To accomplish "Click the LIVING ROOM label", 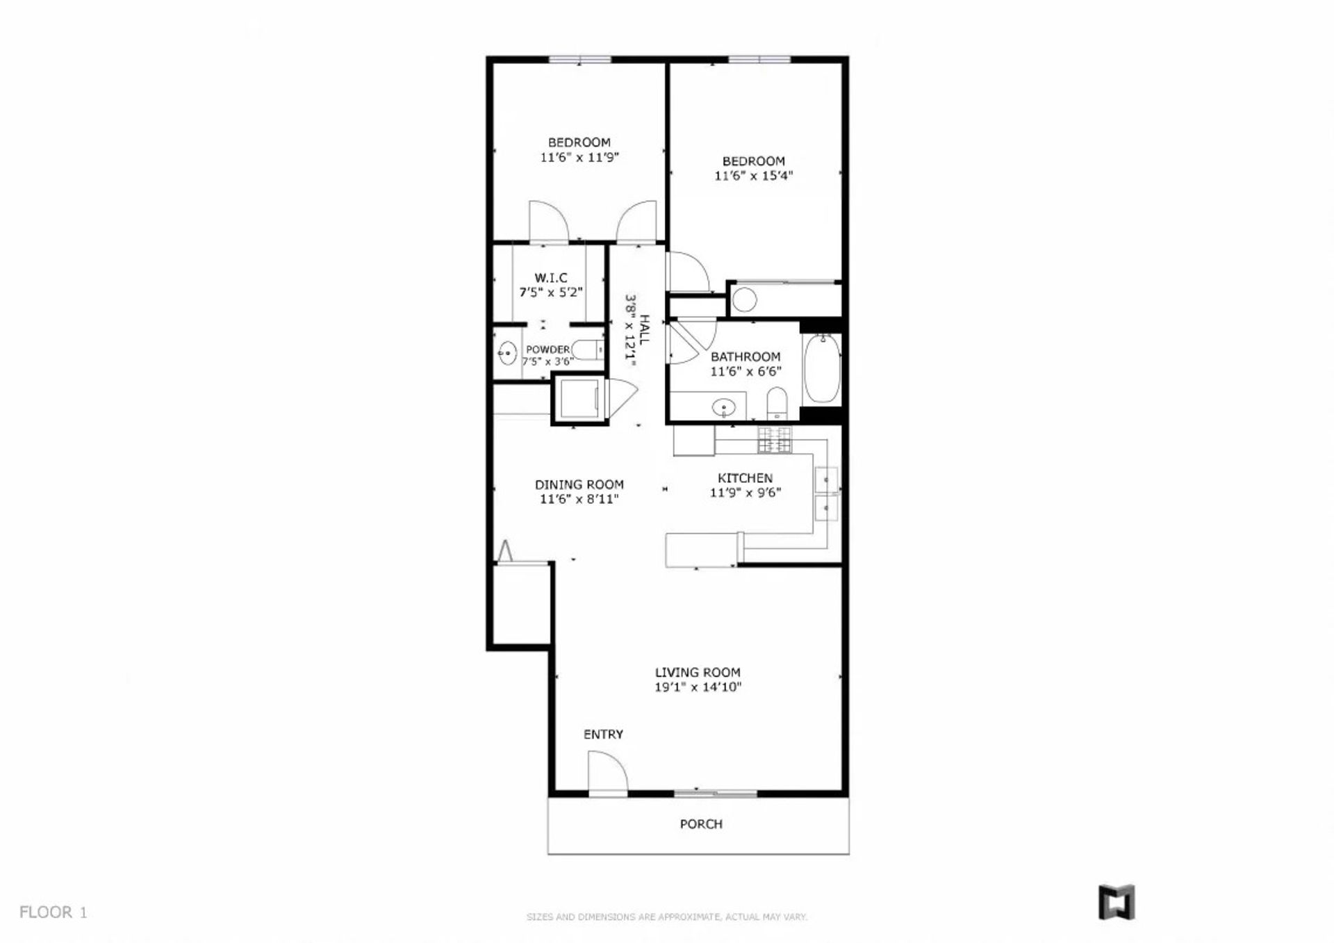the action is [698, 673].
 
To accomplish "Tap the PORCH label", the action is [701, 824].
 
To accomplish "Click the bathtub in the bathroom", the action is [822, 368].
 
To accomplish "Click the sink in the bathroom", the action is [724, 407].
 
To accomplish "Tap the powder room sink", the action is [507, 354].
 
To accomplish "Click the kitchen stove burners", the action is [774, 441].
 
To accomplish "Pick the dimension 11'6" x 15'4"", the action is [754, 176].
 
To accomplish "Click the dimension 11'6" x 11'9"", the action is [579, 158].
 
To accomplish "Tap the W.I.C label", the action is [551, 278].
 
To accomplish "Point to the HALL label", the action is [644, 330].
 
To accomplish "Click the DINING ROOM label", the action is [579, 485].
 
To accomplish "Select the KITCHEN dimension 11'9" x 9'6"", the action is [746, 493].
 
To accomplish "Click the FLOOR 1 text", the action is [53, 912].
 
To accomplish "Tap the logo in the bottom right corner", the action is [1117, 902].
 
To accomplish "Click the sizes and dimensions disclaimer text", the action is [667, 917].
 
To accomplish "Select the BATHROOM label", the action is [746, 357].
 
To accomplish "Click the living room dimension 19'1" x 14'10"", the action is [698, 687].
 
